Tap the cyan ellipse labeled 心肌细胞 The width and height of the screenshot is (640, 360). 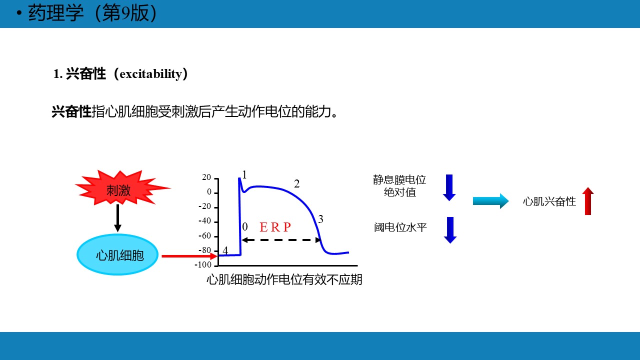[x=117, y=254]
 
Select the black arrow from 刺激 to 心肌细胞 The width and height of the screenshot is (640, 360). [x=117, y=218]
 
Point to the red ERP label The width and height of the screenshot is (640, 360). [x=275, y=227]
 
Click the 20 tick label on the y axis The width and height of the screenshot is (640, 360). [x=206, y=177]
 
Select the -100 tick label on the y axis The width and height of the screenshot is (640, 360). [x=203, y=264]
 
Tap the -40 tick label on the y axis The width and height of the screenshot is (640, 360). [x=204, y=221]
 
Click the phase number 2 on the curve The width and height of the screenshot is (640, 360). [x=297, y=183]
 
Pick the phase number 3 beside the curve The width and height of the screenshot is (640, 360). [x=320, y=219]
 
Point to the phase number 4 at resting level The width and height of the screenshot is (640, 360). [x=225, y=250]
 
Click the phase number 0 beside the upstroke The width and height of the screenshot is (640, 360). [x=245, y=226]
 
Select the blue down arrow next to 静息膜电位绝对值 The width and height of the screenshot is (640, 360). [x=449, y=187]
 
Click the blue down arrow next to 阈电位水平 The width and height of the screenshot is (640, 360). [x=450, y=230]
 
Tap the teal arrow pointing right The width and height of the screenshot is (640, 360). [x=491, y=201]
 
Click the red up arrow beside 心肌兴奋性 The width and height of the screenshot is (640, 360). [x=587, y=201]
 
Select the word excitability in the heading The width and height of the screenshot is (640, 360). [x=150, y=74]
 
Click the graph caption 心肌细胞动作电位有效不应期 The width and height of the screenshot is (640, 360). [x=284, y=279]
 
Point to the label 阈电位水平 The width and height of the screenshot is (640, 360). [x=400, y=227]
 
